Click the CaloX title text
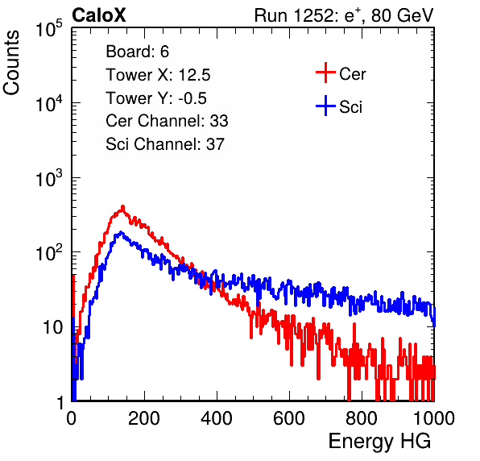point(98,15)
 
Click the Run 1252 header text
point(344,15)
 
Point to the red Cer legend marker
point(325,73)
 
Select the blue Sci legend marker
point(325,106)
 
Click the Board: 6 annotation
point(137,52)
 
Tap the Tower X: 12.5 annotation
point(158,75)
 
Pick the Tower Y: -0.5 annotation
point(156,98)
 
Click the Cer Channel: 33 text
point(167,121)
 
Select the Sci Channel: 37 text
point(165,144)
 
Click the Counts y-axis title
point(11,63)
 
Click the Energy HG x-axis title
point(379,442)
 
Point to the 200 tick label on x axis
point(144,418)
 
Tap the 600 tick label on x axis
point(289,418)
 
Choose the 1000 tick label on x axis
point(434,418)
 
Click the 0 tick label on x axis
point(72,418)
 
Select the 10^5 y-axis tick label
point(49,28)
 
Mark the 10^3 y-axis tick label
point(49,178)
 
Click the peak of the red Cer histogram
point(123,206)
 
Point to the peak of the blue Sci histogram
point(121,232)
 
